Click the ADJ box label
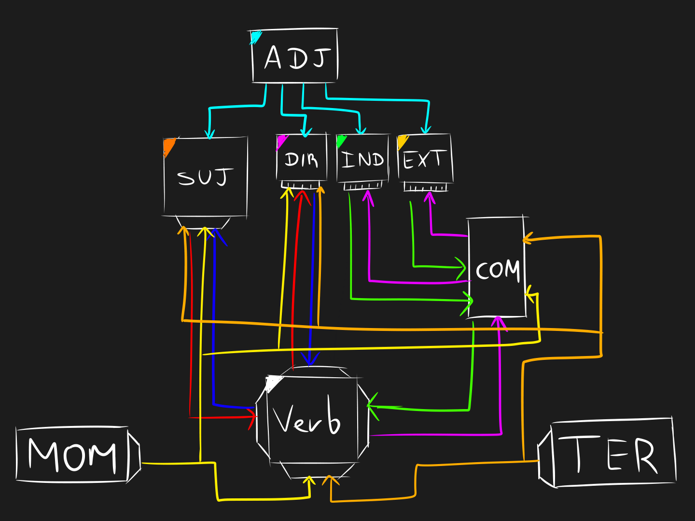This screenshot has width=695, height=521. [x=296, y=58]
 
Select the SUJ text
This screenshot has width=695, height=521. [x=205, y=177]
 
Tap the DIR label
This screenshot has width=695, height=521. [x=301, y=159]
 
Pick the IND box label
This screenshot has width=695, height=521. [x=362, y=159]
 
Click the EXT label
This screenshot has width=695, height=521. [x=423, y=159]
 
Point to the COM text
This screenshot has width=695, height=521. [x=498, y=270]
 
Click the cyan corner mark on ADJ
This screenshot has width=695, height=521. [x=255, y=37]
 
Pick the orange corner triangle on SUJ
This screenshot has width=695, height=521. [x=168, y=146]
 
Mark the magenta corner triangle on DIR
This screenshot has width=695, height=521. [x=281, y=141]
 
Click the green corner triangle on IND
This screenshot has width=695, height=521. [x=341, y=141]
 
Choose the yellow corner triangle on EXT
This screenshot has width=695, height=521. [x=402, y=141]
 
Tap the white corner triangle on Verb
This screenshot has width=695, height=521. [x=273, y=383]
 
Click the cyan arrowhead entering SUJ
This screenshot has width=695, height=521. [x=209, y=134]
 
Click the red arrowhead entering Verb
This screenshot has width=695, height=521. [x=252, y=418]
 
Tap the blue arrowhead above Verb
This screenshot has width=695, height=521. [x=309, y=360]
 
